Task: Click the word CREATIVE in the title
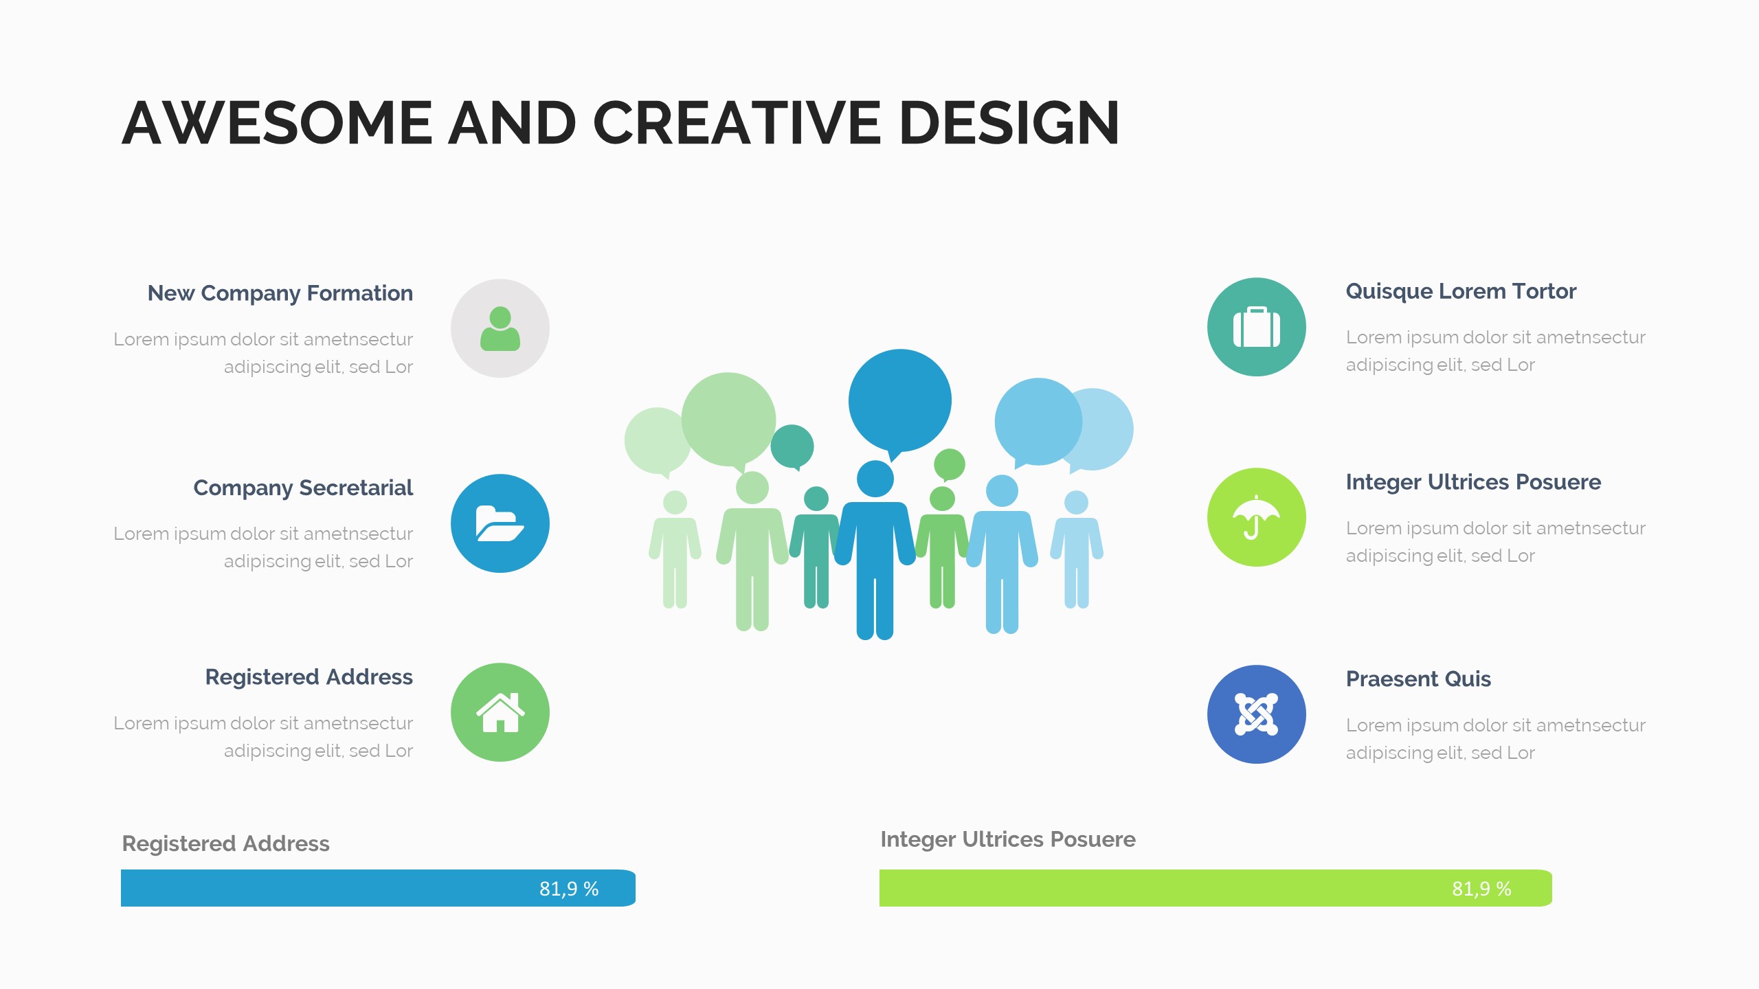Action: click(737, 123)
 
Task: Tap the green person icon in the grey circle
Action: click(500, 328)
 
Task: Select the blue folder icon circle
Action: click(500, 523)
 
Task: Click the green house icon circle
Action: click(500, 712)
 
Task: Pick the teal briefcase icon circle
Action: click(1257, 327)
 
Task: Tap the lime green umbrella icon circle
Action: click(1257, 517)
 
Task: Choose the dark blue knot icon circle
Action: click(1257, 714)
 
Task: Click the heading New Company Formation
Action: click(280, 293)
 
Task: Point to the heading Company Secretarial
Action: click(303, 488)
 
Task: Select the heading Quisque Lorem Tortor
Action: click(1461, 291)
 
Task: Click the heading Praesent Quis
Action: click(1418, 679)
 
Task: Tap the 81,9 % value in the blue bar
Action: click(569, 889)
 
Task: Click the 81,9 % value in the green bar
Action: click(1481, 889)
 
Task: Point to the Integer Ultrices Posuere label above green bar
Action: click(1008, 839)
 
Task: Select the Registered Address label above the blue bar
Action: click(225, 843)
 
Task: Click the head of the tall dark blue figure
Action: click(875, 479)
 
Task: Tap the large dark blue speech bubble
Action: click(900, 402)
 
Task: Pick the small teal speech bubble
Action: click(792, 446)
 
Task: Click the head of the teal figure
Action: click(816, 499)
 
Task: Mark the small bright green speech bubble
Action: click(950, 465)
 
